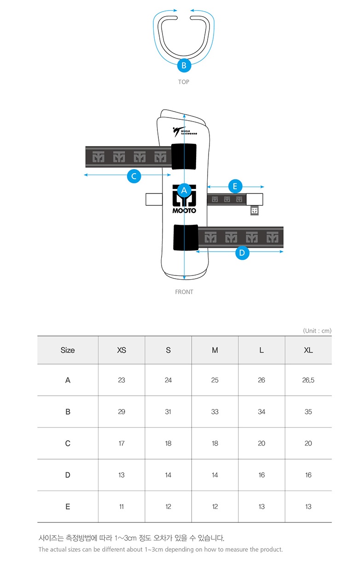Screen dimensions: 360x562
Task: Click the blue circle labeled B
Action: point(184,65)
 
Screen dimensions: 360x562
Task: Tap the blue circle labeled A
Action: point(184,191)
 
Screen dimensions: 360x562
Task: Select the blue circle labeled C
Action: point(134,176)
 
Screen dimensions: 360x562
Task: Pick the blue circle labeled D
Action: point(242,252)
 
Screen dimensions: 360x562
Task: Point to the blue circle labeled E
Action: point(235,186)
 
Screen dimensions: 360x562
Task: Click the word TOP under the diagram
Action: point(184,82)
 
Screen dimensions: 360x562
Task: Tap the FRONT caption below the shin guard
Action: point(184,292)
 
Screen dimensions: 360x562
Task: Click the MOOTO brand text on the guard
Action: point(184,211)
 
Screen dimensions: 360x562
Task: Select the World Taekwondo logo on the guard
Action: point(185,132)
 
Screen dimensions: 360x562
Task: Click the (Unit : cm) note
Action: point(317,331)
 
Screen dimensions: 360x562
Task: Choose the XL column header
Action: point(308,350)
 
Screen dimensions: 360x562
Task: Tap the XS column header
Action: point(122,350)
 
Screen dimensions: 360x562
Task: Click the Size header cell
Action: point(68,350)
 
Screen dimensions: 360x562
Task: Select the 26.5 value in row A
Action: point(308,380)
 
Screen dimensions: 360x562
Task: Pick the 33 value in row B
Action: point(215,412)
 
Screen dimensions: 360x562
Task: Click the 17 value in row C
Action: point(122,443)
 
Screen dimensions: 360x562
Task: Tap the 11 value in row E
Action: point(122,507)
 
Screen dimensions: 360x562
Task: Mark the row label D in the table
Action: point(68,475)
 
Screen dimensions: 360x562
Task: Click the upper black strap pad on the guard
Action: point(184,156)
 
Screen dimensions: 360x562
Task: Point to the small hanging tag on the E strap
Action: point(255,211)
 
